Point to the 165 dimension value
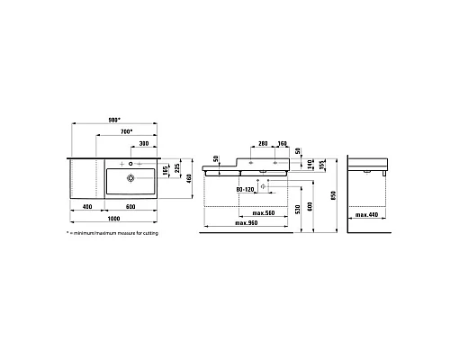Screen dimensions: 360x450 (x=165, y=170)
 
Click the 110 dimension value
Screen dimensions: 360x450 (x=309, y=164)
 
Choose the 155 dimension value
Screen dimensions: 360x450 (x=319, y=166)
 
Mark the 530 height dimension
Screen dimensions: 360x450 (x=299, y=209)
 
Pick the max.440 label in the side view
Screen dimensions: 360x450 (x=367, y=214)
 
